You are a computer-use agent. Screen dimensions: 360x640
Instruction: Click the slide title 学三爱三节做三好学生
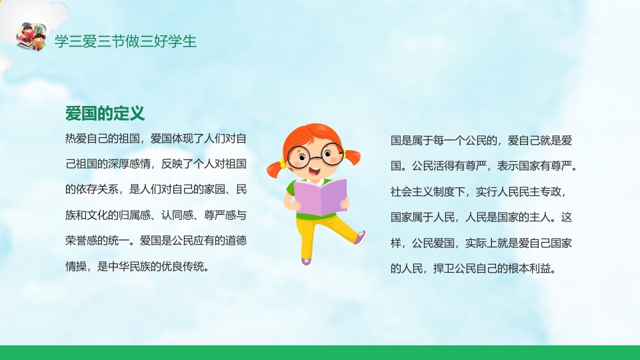pos(125,41)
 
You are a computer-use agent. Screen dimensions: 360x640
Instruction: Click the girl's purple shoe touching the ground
pos(307,261)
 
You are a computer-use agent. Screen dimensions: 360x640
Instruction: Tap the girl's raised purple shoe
pos(360,236)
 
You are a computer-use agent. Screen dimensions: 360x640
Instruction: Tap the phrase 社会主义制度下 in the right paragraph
pos(427,192)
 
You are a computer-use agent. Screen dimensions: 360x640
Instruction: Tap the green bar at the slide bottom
pos(320,353)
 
